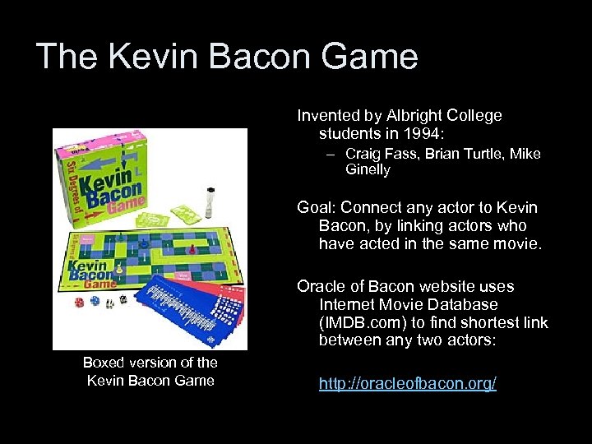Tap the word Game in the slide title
[371, 57]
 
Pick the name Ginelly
[368, 169]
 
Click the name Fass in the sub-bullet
[403, 154]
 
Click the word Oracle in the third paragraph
[321, 286]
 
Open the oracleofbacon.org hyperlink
[408, 384]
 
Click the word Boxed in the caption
[104, 363]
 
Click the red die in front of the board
[79, 303]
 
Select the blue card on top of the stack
[177, 312]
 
